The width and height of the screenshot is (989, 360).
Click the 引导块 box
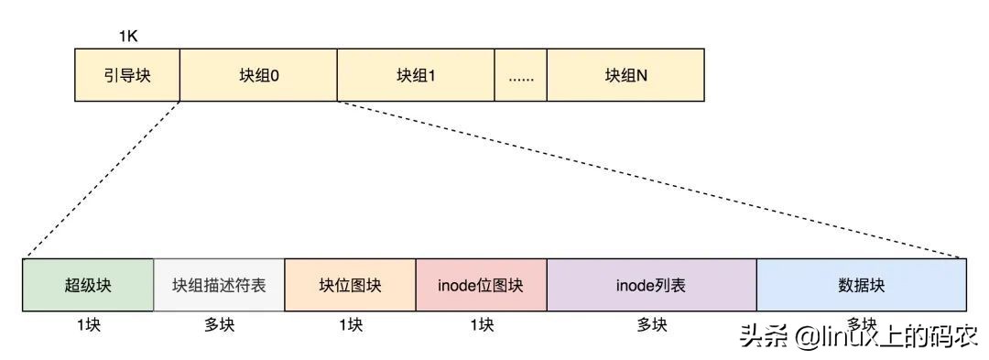coord(126,75)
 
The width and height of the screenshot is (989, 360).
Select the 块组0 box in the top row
coord(258,75)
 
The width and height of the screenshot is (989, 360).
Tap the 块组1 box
coord(416,75)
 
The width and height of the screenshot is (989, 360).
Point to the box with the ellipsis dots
coord(520,75)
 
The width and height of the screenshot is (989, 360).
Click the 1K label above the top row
coord(128,38)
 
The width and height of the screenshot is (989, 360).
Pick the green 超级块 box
coord(88,285)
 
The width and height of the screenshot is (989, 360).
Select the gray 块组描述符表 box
coord(219,285)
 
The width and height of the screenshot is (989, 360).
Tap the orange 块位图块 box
coord(350,285)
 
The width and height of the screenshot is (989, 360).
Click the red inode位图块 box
coord(481,285)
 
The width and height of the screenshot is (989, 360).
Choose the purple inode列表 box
coord(651,285)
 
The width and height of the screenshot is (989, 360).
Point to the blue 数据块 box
coord(861,285)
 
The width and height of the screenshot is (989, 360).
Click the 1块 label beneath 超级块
coord(88,325)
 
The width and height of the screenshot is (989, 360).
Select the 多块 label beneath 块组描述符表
coord(219,325)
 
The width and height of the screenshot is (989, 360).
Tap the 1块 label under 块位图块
coord(350,325)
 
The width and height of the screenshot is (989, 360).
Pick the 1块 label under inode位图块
coord(481,325)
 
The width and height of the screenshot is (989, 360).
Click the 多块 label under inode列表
coord(651,325)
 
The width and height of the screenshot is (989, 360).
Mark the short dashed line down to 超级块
coord(101,180)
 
